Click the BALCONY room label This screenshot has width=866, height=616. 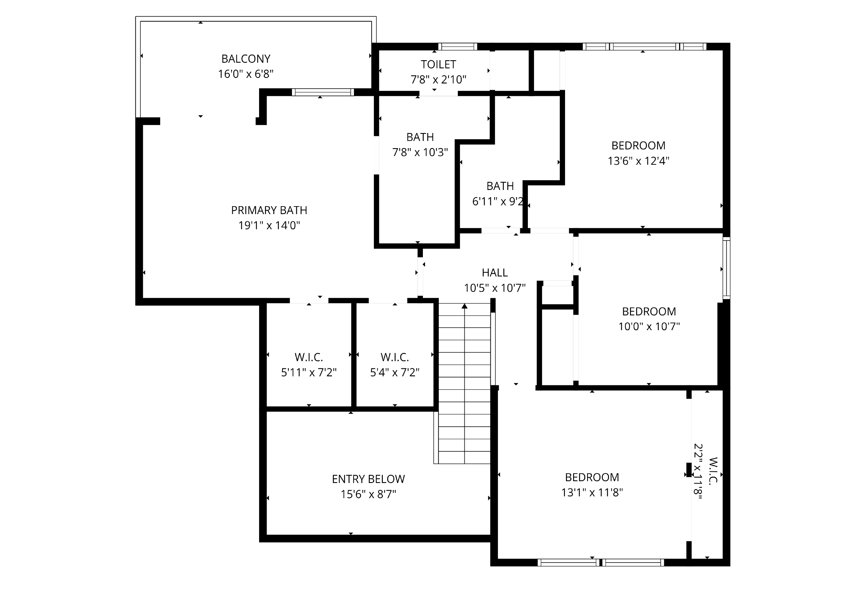coord(246,59)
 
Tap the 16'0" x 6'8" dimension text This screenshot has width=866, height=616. coord(246,74)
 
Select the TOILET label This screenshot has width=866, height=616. coord(438,65)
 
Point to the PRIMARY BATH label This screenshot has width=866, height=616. coord(269,210)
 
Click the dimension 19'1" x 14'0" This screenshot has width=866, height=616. coord(269,226)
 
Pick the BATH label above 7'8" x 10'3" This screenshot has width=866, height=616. coord(420,137)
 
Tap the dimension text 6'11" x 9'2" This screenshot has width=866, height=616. coord(498,201)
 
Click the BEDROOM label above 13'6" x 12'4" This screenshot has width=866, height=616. coord(638,146)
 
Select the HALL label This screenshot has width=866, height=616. coord(495,273)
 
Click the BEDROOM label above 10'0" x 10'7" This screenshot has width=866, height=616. coord(649,311)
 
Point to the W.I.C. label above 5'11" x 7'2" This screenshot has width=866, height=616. coord(309,357)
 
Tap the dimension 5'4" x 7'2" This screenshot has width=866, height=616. coord(394,372)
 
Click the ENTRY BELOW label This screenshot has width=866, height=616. coord(368,479)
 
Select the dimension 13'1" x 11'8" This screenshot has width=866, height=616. coord(592,492)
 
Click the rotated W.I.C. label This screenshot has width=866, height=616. coord(713,471)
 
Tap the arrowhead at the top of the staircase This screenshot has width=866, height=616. coord(464,306)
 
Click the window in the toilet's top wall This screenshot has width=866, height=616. coord(458,46)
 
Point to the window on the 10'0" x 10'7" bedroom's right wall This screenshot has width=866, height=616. coord(726,268)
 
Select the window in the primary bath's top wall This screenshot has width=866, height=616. coord(323,92)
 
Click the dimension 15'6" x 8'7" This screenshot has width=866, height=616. coord(368,495)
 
